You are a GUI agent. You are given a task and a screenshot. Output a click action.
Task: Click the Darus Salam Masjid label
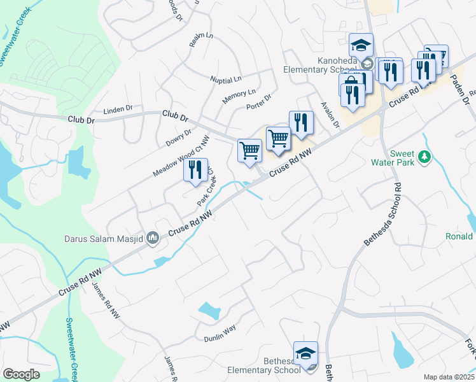(102, 239)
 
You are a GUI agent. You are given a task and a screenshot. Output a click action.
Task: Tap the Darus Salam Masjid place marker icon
(152, 239)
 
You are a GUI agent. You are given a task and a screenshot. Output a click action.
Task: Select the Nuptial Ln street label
(226, 80)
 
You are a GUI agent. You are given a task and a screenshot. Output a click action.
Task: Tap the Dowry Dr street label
(179, 138)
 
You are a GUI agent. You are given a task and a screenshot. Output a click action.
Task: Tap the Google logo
(21, 374)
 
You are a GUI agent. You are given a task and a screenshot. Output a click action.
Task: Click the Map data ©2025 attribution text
(449, 377)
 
